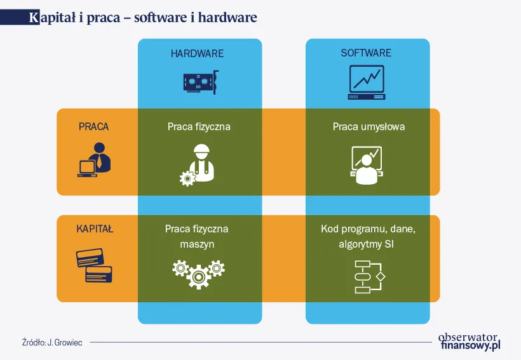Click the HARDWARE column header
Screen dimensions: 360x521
click(x=197, y=53)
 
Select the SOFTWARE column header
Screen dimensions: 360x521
click(x=366, y=53)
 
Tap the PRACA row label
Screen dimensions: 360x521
click(x=94, y=126)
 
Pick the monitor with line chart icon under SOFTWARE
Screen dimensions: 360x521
click(x=367, y=83)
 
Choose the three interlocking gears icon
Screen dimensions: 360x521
click(x=198, y=271)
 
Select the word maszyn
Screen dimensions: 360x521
click(x=196, y=244)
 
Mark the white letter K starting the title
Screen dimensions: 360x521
click(x=34, y=18)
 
